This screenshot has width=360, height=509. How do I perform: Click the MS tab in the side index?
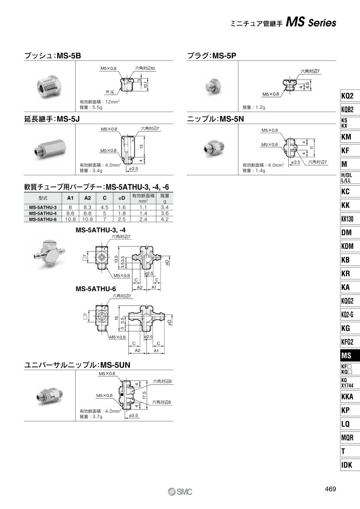[350, 356]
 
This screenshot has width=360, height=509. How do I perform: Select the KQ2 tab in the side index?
[350, 96]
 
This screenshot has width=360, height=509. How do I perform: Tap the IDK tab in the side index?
[350, 465]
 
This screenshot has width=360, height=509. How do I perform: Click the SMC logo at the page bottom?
[180, 492]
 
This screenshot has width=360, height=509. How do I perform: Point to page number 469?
[330, 489]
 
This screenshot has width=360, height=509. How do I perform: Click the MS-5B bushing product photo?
[49, 87]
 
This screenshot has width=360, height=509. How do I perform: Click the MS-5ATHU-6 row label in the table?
[43, 219]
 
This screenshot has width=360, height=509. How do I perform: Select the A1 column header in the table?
[70, 198]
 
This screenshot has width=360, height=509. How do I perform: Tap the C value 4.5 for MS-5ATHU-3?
[104, 207]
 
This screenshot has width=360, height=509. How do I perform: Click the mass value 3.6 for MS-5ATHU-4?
[165, 213]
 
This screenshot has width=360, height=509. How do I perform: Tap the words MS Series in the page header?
[311, 23]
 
